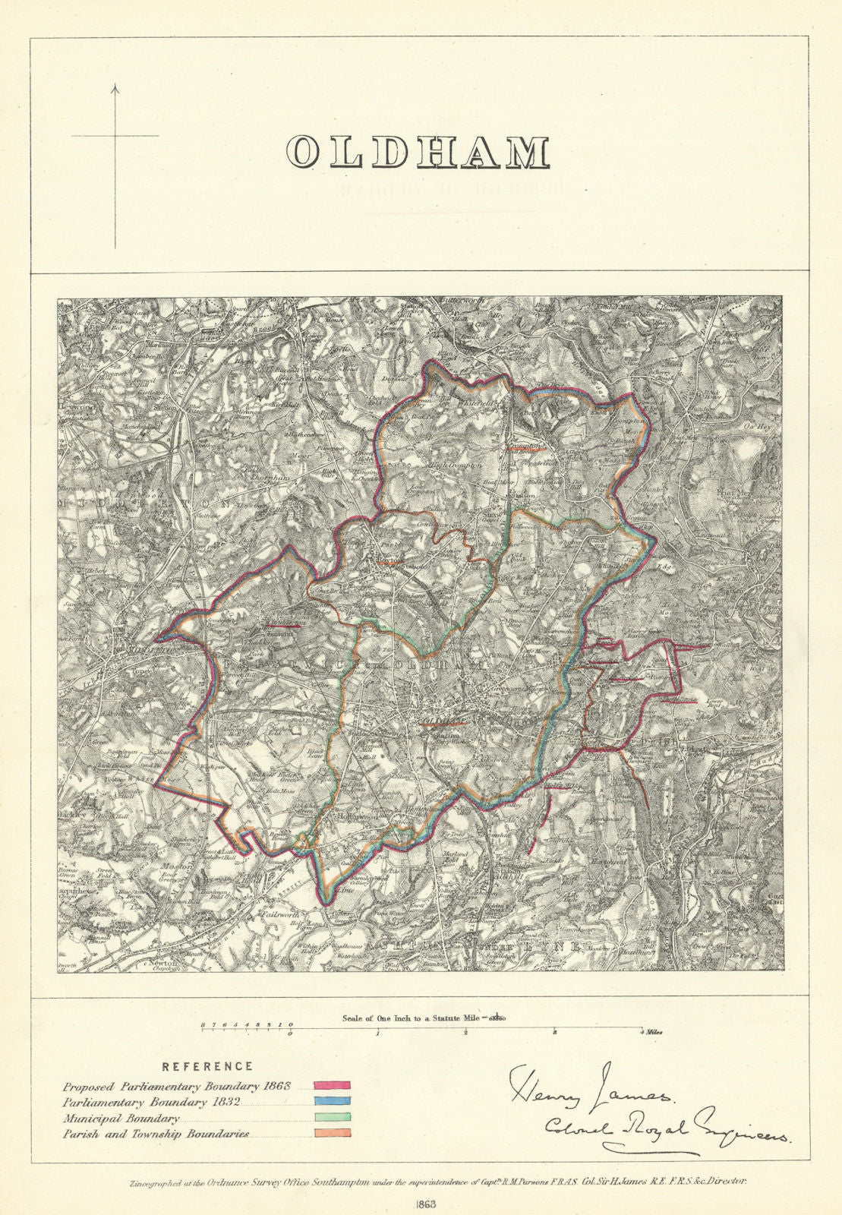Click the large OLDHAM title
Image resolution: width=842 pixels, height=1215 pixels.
click(418, 153)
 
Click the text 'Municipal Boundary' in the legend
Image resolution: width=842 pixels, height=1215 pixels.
click(121, 1119)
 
